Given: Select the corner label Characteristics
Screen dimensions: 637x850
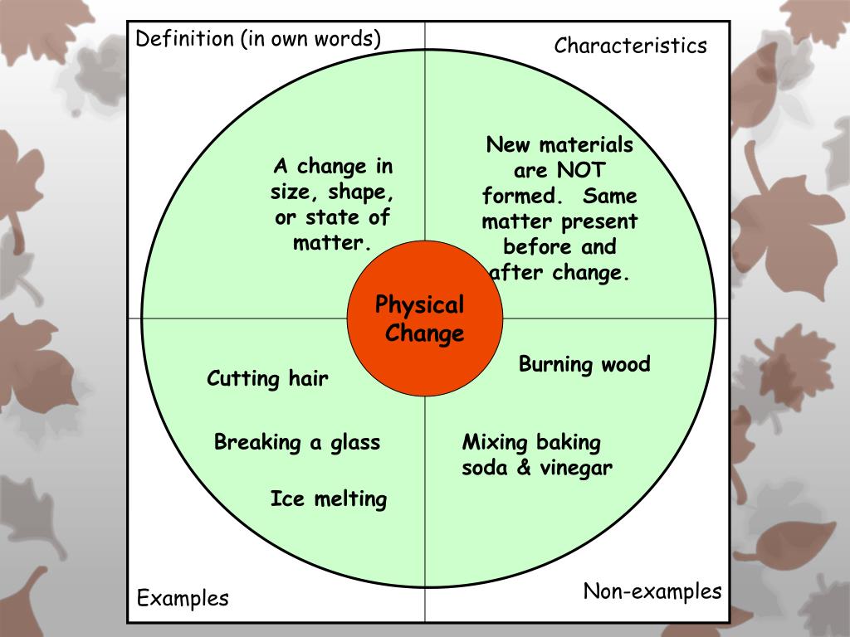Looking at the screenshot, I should click(x=630, y=45).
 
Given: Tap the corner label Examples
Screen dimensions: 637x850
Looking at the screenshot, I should click(x=183, y=598).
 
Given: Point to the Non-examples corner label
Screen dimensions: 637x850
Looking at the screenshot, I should click(x=652, y=591).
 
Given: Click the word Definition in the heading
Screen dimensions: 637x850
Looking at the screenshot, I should click(x=185, y=39).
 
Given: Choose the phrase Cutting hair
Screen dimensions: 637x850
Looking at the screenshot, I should click(x=267, y=379).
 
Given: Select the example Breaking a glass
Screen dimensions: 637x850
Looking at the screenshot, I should click(x=296, y=442).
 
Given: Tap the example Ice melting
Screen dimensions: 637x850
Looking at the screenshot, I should click(x=328, y=499).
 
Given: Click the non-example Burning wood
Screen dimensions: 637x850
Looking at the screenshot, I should click(x=584, y=364).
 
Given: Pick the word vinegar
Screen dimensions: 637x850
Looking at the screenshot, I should click(x=576, y=468).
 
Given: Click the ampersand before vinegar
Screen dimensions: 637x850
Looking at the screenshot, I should click(x=524, y=468).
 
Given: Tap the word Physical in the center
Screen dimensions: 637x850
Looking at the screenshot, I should click(x=419, y=305).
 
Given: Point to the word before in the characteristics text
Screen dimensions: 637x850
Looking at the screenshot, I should click(x=537, y=247).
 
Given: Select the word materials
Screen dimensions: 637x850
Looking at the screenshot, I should click(x=585, y=145).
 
